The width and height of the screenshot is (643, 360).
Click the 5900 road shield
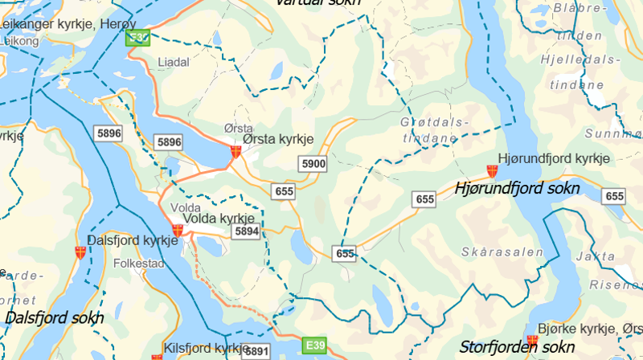coord(313,165)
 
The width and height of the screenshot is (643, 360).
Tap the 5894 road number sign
coord(246,231)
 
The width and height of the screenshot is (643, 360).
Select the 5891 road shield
coord(256,351)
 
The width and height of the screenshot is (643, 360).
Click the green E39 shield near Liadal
coord(140,38)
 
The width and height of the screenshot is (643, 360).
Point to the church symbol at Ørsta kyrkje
coord(235,151)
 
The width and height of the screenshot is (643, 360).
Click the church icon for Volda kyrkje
coord(178,230)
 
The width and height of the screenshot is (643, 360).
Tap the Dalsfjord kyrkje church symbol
coord(80,252)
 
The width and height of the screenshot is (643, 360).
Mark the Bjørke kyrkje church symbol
coord(531,342)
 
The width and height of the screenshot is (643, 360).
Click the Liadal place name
coord(174,62)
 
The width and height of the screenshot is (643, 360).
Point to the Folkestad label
coord(139,263)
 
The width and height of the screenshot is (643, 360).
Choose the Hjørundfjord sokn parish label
coord(517,189)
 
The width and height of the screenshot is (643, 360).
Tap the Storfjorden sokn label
coord(517,347)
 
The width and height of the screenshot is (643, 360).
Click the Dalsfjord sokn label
coord(54,317)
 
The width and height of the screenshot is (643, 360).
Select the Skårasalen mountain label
coord(503,252)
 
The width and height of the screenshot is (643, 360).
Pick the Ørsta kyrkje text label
coord(278,139)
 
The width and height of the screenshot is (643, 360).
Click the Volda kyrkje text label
coord(219,219)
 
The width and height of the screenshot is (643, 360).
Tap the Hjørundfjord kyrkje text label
coord(555,158)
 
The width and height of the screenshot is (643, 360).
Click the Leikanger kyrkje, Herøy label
coord(60,24)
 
